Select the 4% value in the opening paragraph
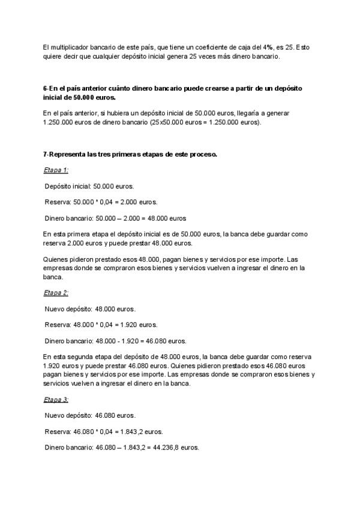click(268, 47)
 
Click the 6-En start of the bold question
click(50, 88)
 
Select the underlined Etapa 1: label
click(56, 170)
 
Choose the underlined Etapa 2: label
click(56, 293)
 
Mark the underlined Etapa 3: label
click(56, 399)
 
